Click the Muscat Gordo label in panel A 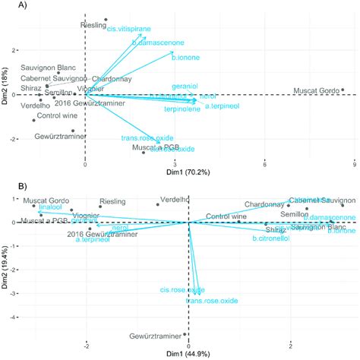[x=315, y=93]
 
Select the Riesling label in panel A [x=93, y=25]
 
